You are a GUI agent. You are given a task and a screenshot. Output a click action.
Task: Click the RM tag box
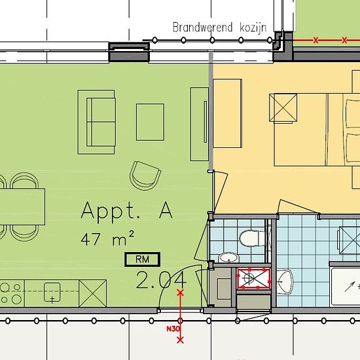(x=142, y=259)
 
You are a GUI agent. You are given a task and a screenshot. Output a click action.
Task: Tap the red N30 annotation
(x=173, y=329)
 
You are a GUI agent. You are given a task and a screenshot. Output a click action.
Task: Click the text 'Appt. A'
(x=127, y=211)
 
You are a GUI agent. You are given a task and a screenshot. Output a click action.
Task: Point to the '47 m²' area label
(x=107, y=239)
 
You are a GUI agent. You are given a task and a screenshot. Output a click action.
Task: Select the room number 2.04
(x=161, y=279)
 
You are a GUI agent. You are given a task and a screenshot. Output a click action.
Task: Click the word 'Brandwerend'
(x=202, y=27)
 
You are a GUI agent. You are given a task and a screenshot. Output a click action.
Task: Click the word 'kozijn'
(x=253, y=27)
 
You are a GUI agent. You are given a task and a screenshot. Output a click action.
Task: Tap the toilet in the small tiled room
(x=252, y=238)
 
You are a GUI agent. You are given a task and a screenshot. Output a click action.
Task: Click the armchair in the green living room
(x=145, y=175)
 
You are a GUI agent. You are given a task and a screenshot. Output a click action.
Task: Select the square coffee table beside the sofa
(x=150, y=122)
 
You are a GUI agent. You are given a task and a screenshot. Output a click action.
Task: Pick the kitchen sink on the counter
(x=52, y=292)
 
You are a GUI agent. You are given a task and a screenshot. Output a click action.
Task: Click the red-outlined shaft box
(x=254, y=278)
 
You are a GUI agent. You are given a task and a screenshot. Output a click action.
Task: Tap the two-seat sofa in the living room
(x=96, y=122)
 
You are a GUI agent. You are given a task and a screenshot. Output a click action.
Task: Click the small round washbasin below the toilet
(x=228, y=257)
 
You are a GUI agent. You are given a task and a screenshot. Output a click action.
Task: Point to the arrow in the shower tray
(x=350, y=287)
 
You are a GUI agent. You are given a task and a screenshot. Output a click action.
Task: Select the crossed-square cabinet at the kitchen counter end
(x=92, y=293)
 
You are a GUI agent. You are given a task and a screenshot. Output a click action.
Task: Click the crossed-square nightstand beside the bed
(x=283, y=107)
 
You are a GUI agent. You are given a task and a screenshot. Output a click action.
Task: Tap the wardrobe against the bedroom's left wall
(x=227, y=113)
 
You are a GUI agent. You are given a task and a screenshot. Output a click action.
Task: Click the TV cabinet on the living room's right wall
(x=199, y=124)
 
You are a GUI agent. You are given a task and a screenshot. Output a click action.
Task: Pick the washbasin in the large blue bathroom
(x=285, y=281)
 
